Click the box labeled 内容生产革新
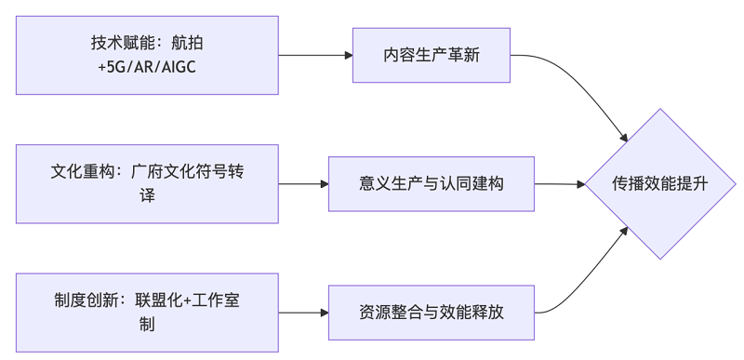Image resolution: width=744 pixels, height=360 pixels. pyautogui.click(x=432, y=55)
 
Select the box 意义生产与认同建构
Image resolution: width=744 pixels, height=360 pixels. pyautogui.click(x=432, y=184)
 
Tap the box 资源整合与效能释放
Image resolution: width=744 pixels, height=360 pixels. pyautogui.click(x=432, y=313)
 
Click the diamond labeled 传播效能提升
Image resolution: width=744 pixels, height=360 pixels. pyautogui.click(x=660, y=184)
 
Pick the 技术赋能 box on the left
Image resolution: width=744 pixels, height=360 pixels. pyautogui.click(x=147, y=55)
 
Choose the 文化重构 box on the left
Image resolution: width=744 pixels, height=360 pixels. pyautogui.click(x=147, y=184)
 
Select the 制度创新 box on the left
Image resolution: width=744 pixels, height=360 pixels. pyautogui.click(x=147, y=313)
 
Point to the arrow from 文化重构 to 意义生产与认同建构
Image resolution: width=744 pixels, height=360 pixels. pyautogui.click(x=302, y=184)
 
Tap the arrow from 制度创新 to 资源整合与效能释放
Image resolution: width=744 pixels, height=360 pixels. pyautogui.click(x=302, y=313)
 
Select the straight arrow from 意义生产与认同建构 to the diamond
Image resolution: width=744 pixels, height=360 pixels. pyautogui.click(x=559, y=184)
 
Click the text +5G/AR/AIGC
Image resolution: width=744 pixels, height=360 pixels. pyautogui.click(x=148, y=67)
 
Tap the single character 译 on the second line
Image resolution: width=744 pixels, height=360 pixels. pyautogui.click(x=147, y=196)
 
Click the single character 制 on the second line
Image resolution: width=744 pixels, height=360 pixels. pyautogui.click(x=147, y=325)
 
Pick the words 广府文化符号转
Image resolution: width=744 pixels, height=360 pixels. pyautogui.click(x=193, y=172)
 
